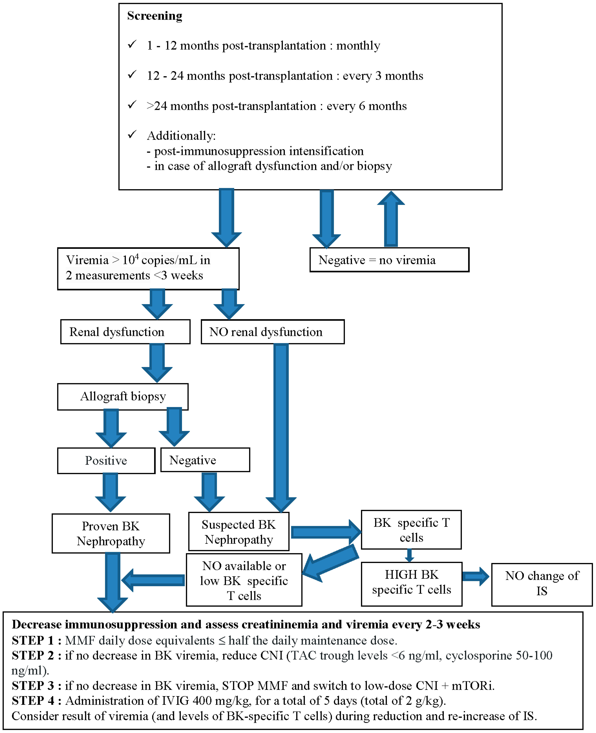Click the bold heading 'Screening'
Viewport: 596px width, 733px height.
pos(154,16)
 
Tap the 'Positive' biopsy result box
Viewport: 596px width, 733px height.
pos(106,460)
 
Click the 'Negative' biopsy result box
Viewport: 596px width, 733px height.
pos(205,460)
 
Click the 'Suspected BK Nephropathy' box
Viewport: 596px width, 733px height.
pos(239,532)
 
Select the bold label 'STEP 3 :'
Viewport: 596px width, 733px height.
pos(36,686)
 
